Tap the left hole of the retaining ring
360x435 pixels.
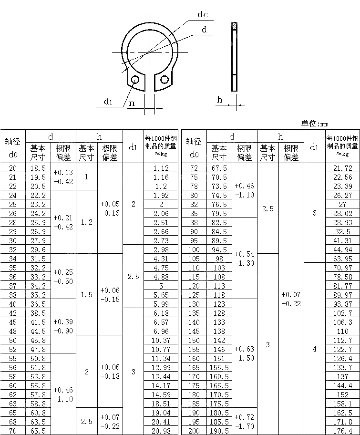[135, 79]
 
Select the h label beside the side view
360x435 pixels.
[220, 99]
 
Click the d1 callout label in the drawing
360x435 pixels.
[108, 101]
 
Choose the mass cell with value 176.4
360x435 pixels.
[342, 431]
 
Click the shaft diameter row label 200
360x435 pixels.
[194, 431]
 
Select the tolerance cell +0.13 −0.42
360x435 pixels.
[63, 177]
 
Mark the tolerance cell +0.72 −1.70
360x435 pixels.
[244, 422]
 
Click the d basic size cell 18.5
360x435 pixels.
[38, 168]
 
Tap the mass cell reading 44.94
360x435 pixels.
[342, 249]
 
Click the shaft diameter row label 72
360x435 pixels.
[194, 168]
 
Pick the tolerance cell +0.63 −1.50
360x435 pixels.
[244, 353]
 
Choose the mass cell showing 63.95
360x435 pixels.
[342, 259]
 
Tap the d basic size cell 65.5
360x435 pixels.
[38, 431]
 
